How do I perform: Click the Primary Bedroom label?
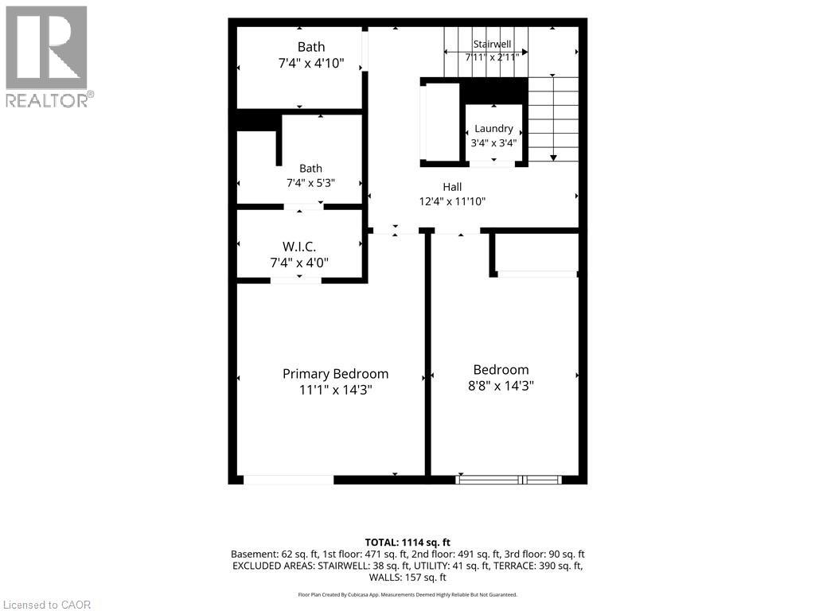coord(335,374)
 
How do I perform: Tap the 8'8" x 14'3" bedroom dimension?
coord(501,386)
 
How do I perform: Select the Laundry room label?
coord(493,128)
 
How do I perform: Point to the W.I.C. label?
coord(299,247)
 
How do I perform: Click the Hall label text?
coord(452,186)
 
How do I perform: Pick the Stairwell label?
coord(492,45)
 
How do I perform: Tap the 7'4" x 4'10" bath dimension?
coord(311,63)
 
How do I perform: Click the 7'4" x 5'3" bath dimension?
coord(311,183)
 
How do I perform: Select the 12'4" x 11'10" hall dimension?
coord(452,201)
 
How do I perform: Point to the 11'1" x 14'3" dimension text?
coord(336,390)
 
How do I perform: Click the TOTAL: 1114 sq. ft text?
coord(407,543)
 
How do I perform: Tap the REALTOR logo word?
coord(47,100)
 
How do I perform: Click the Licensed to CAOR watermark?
coord(48,605)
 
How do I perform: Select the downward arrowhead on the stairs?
coord(554,158)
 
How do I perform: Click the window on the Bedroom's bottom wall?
coord(509,480)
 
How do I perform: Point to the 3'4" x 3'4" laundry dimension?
coord(493,142)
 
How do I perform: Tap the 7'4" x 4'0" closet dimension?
coord(299,263)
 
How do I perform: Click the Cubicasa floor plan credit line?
coord(407,594)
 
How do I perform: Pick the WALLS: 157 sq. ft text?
coord(407,578)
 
